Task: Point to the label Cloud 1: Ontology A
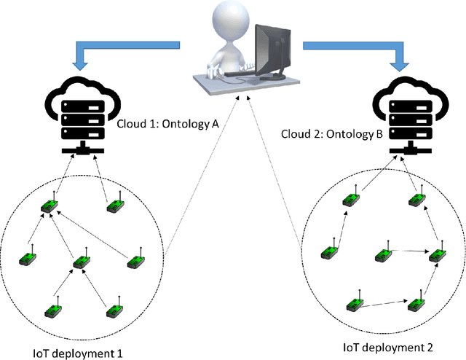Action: point(167,124)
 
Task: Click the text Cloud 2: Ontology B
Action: point(331,134)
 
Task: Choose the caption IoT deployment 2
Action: point(387,348)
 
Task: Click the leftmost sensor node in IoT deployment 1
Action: point(26,259)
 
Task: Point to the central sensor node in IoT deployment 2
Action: point(384,255)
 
